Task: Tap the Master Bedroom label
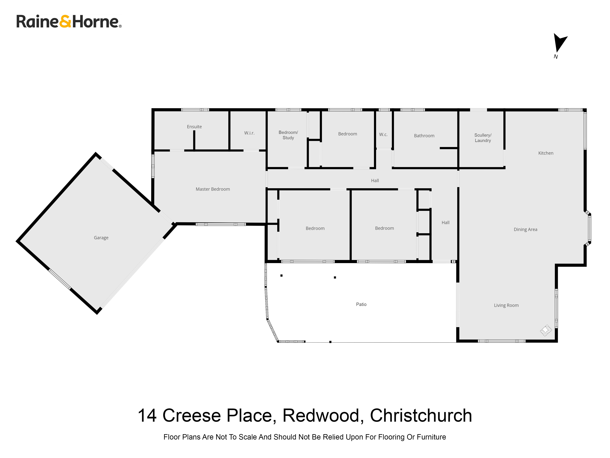pos(213,189)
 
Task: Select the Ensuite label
pos(194,127)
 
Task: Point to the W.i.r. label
pos(249,133)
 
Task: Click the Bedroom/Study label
pos(288,135)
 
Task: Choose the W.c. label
pos(383,134)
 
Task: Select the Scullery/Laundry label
pos(483,138)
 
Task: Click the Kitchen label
pos(545,153)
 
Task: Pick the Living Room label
pos(506,305)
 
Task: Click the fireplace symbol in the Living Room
pos(546,330)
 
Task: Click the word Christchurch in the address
pos(421,416)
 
